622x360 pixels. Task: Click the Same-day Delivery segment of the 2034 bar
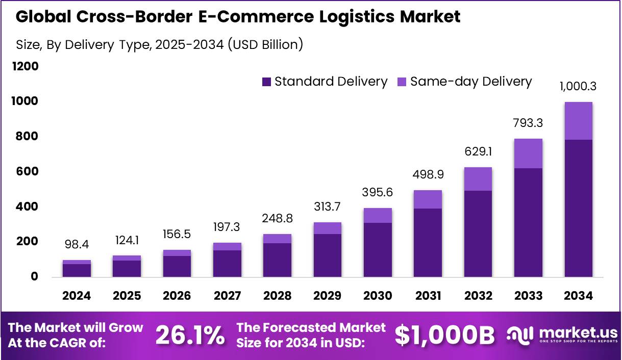[x=578, y=121]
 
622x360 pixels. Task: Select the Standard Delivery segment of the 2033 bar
[x=528, y=222]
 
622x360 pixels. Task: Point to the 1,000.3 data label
[x=578, y=86]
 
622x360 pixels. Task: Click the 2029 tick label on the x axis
[x=328, y=296]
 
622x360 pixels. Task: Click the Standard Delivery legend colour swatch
[x=266, y=82]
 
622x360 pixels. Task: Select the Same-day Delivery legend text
[x=471, y=82]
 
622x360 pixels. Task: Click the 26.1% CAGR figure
[x=190, y=335]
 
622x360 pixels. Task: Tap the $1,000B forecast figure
[x=445, y=335]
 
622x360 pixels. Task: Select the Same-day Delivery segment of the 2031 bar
[x=428, y=199]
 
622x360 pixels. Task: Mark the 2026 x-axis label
[x=177, y=296]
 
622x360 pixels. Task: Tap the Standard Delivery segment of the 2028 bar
[x=278, y=260]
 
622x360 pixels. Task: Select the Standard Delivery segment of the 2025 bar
[x=127, y=269]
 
